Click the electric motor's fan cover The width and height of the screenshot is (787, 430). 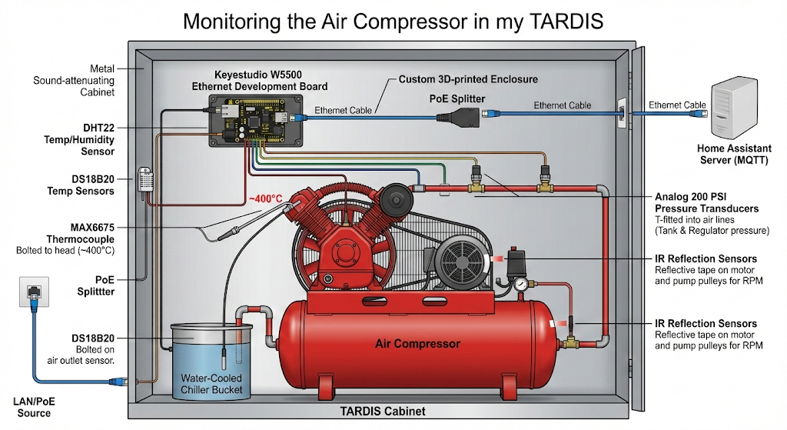pyautogui.click(x=460, y=258)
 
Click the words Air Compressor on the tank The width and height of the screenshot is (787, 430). pyautogui.click(x=417, y=343)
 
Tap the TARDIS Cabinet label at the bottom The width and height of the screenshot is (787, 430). pyautogui.click(x=382, y=412)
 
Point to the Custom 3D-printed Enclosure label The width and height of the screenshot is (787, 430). pyautogui.click(x=468, y=79)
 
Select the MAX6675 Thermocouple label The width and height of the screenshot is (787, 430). pyautogui.click(x=81, y=234)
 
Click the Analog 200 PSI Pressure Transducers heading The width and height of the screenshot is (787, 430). pyautogui.click(x=706, y=202)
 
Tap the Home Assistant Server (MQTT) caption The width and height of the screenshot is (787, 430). pyautogui.click(x=735, y=153)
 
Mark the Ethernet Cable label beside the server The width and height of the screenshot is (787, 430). pyautogui.click(x=677, y=105)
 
